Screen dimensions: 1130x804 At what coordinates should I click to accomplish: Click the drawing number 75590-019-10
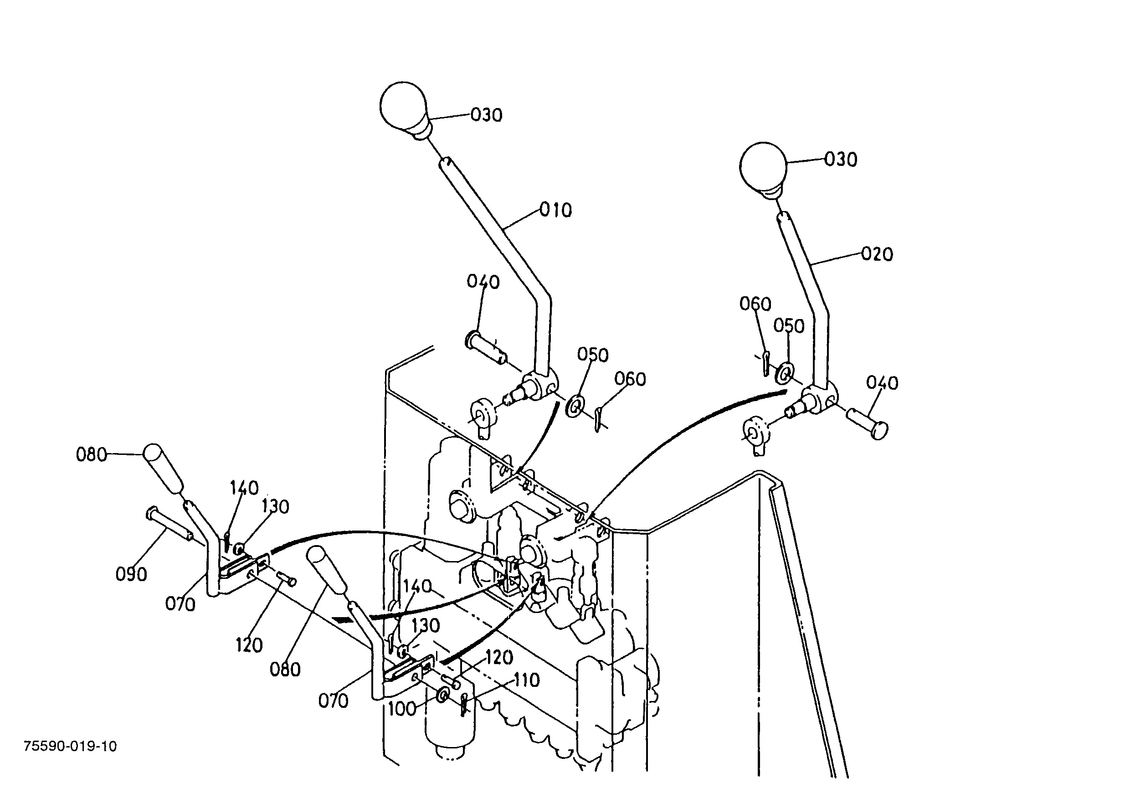tap(70, 746)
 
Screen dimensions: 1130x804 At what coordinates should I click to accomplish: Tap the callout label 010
tap(555, 211)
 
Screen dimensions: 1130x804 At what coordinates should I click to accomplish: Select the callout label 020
tap(877, 254)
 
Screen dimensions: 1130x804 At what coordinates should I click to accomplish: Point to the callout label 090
tap(131, 574)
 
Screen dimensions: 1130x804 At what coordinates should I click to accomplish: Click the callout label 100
tap(402, 709)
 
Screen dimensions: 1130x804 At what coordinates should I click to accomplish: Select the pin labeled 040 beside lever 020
tap(867, 423)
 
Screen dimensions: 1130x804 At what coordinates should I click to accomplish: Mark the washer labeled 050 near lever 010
tap(574, 406)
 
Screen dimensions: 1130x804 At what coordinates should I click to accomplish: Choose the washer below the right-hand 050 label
tap(784, 373)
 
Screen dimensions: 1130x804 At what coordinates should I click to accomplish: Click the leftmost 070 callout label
tap(180, 604)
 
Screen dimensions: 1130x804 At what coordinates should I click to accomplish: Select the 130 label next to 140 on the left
tap(275, 506)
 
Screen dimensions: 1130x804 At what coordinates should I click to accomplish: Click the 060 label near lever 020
tap(755, 304)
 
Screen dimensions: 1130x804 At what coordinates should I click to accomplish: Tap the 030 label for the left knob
tap(486, 115)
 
